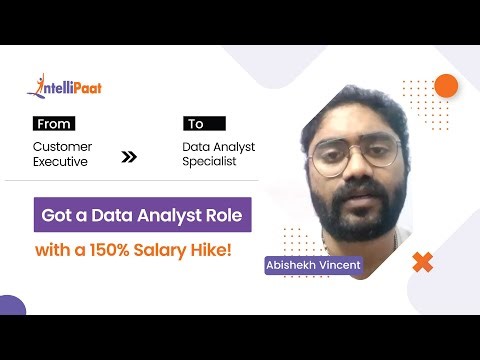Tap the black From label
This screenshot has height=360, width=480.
click(54, 125)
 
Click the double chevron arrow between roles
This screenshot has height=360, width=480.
click(128, 157)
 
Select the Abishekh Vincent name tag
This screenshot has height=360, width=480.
click(312, 266)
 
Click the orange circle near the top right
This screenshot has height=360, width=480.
click(446, 86)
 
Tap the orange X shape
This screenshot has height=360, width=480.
click(422, 263)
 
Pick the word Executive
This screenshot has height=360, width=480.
click(61, 161)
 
